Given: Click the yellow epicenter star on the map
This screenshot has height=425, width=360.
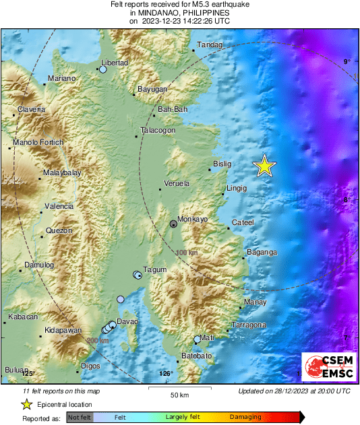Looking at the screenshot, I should tap(265, 166).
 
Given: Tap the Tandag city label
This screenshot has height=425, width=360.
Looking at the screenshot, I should tap(208, 46).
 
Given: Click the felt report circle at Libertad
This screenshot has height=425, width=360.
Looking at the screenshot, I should tap(103, 69).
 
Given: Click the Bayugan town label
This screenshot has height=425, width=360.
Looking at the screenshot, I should tap(152, 89).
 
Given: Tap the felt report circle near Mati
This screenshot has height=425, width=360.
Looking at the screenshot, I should tap(198, 339).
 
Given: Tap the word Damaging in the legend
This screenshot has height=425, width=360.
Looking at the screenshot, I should tap(245, 418).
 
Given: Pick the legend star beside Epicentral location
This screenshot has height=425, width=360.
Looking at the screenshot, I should tap(26, 404).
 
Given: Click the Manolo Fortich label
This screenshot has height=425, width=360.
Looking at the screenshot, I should tap(38, 142).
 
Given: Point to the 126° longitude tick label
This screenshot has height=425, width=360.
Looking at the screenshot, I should tap(166, 373).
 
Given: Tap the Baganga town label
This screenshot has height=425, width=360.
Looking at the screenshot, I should tap(262, 253).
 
